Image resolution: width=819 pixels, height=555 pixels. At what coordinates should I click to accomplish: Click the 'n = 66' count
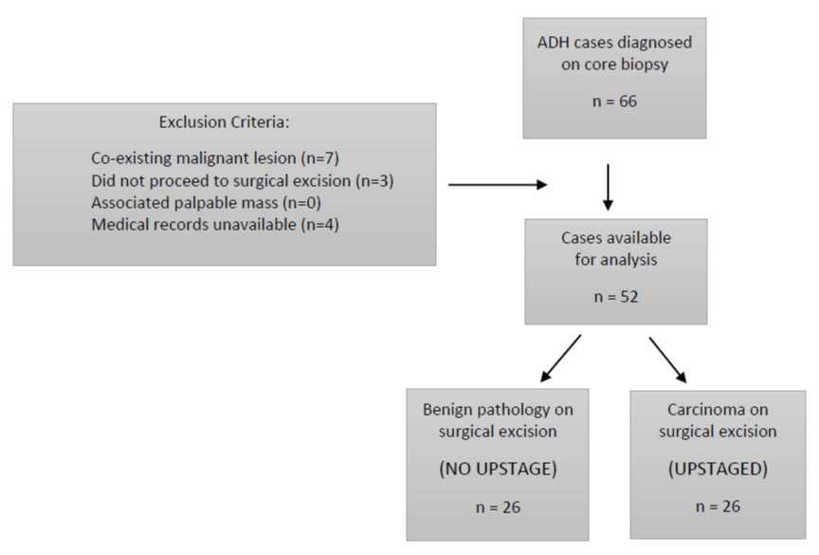click(x=614, y=101)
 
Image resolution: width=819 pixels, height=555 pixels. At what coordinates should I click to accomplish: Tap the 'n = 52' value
click(x=616, y=297)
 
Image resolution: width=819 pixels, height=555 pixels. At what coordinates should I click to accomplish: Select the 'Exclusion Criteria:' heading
click(x=224, y=121)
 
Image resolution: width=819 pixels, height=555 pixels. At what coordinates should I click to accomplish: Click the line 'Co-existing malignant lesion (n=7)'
click(x=215, y=157)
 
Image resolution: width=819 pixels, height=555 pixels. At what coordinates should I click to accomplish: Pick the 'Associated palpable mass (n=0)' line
click(x=207, y=203)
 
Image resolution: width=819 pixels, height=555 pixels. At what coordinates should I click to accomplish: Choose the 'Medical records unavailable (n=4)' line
click(x=215, y=225)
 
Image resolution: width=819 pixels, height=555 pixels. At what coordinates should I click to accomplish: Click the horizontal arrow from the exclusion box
click(x=498, y=184)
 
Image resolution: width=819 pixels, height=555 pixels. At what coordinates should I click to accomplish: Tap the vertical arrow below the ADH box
click(x=608, y=187)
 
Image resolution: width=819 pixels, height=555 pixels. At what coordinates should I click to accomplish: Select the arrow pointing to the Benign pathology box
click(x=561, y=359)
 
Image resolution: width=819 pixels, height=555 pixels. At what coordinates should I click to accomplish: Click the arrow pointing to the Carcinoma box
click(x=668, y=361)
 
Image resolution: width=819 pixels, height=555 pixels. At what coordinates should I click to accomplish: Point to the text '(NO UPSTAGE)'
click(x=498, y=469)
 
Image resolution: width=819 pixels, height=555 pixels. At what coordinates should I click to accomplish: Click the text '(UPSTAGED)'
click(x=718, y=469)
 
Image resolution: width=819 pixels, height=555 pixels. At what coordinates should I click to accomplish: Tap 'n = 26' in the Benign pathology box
click(x=498, y=507)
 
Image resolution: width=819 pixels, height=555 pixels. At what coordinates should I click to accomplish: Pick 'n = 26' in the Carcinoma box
click(x=718, y=506)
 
